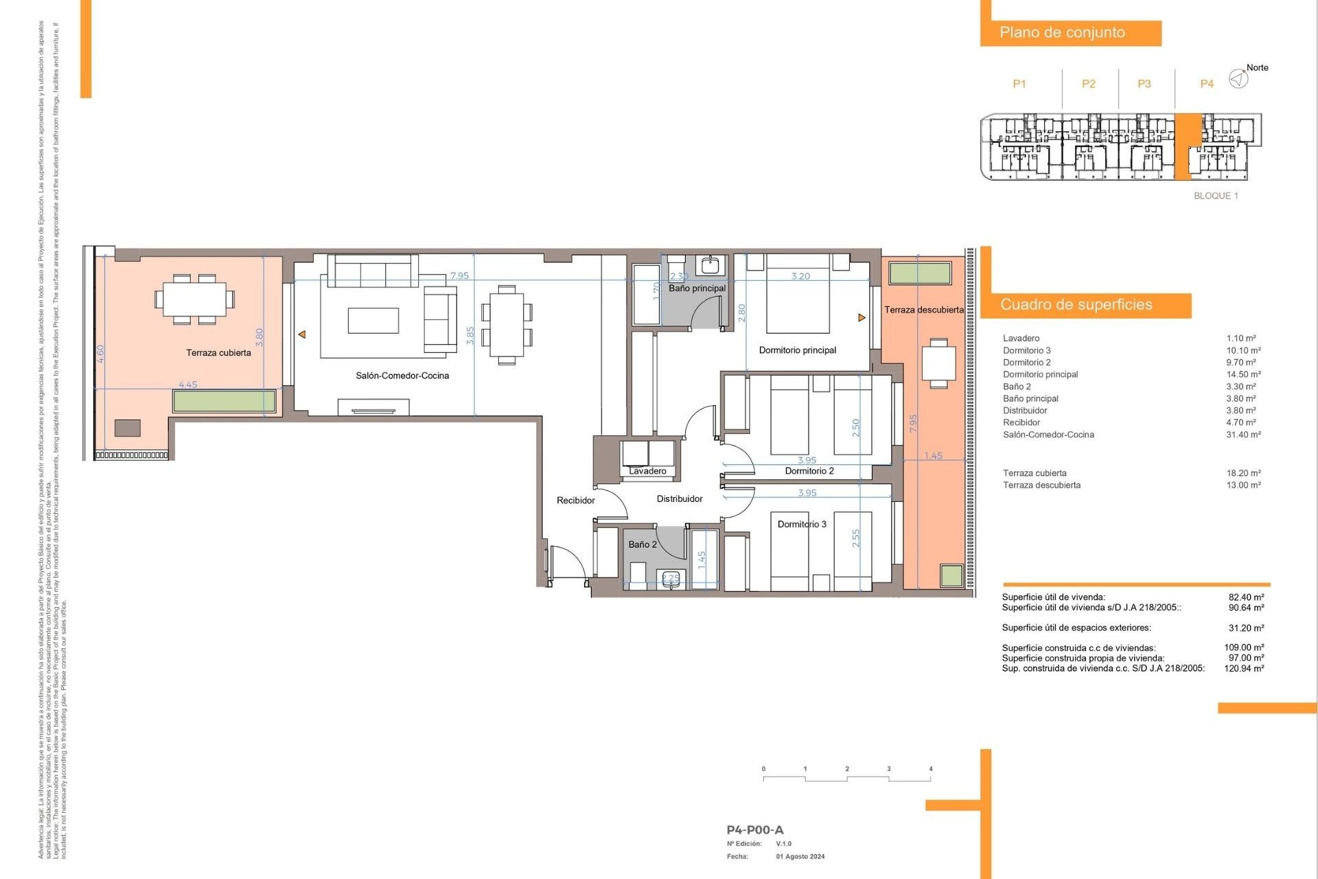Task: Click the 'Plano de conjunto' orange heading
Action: point(1062,32)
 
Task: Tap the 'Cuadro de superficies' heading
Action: point(1076,305)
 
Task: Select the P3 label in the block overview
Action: point(1144,84)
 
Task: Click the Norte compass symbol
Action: point(1238,79)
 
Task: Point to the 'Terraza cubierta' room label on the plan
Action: point(218,353)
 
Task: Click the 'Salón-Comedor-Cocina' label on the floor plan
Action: point(402,376)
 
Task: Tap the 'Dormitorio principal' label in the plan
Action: point(797,350)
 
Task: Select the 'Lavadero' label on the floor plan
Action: point(647,471)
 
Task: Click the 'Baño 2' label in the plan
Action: point(643,545)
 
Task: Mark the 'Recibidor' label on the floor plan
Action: point(575,501)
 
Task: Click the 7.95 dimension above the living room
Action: point(459,275)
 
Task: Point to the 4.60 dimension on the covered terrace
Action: point(101,354)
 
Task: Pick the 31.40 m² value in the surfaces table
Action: point(1243,435)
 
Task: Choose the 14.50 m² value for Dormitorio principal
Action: point(1243,374)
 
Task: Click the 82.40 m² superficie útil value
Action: point(1246,597)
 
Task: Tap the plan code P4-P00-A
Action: point(754,830)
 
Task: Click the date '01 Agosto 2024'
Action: point(800,856)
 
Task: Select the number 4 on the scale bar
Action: point(930,769)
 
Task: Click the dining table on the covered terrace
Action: point(194,299)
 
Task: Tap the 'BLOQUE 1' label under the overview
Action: point(1216,196)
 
